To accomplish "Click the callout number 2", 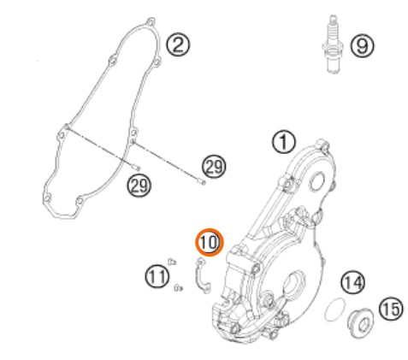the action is tap(178, 45).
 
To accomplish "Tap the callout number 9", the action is tap(362, 46).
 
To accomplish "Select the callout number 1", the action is tap(284, 142).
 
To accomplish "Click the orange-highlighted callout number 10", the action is tap(210, 242).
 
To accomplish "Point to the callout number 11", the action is tap(157, 276).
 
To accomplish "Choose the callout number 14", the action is tap(353, 282).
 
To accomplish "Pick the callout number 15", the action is tap(391, 309).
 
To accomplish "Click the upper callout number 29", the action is tap(214, 167).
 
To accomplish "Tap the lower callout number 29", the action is tap(139, 186).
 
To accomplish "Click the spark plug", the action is tap(333, 44).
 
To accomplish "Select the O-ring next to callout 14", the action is tap(335, 309).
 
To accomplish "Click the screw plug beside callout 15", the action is tap(360, 322).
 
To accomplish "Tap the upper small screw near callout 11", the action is tap(172, 262).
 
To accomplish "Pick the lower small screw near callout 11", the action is tap(178, 288).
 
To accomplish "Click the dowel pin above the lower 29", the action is tap(137, 168).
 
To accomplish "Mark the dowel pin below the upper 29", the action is tap(201, 181).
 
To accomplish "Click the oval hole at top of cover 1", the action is tap(317, 181).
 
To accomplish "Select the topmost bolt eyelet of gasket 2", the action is tap(151, 21).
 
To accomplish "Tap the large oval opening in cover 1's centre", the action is tap(293, 282).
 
